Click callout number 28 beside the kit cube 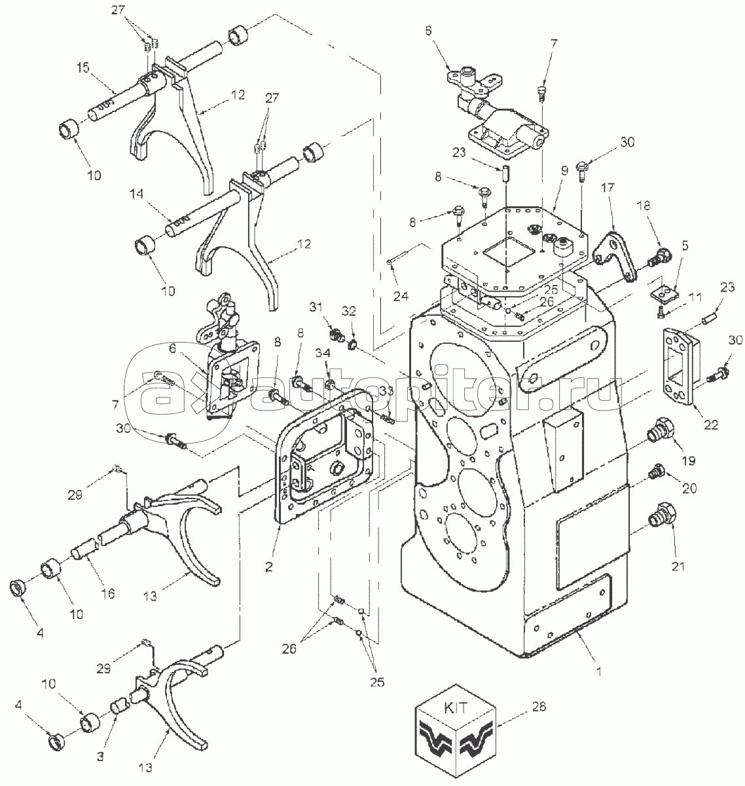pos(539,707)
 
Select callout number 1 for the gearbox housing pos(599,671)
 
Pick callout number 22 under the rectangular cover pos(711,424)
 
